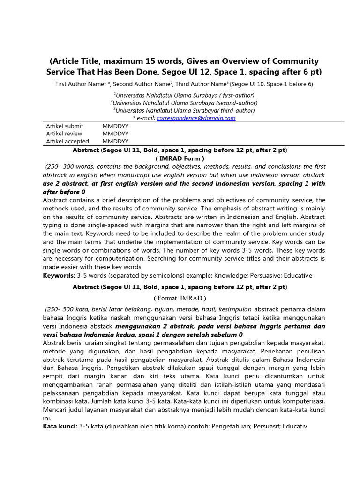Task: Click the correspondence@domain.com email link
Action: [196, 118]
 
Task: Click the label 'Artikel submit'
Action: [65, 126]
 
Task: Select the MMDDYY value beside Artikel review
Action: [115, 134]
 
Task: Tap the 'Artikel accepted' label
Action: [67, 141]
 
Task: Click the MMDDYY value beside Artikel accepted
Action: [115, 141]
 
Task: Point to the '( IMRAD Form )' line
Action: [180, 158]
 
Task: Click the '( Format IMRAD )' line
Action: [180, 298]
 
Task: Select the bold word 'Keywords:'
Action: [59, 275]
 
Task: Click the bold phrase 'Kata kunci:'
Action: [60, 426]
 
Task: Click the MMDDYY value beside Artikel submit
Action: [115, 126]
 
